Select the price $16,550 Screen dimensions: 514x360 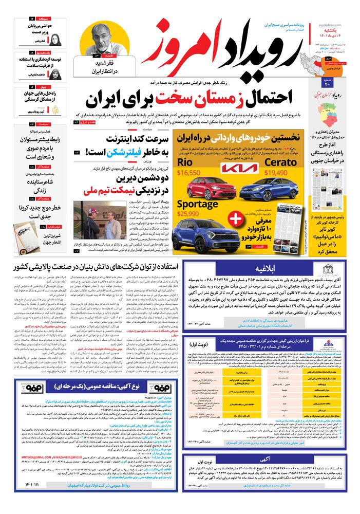pyautogui.click(x=188, y=173)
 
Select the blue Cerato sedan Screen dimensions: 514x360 pyautogui.click(x=262, y=191)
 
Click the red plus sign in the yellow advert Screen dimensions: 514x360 pyautogui.click(x=234, y=219)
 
